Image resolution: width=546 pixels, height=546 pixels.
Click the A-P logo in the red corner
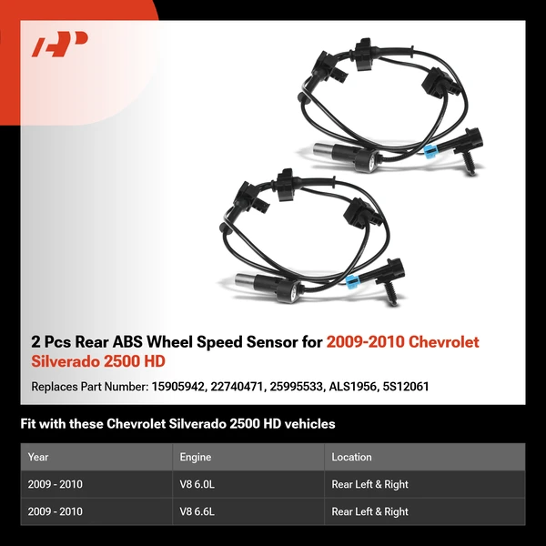point(59,45)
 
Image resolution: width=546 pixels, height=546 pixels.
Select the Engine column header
point(197,457)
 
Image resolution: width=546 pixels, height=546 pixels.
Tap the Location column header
point(352,457)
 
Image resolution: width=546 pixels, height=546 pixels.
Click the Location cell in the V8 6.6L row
point(369,511)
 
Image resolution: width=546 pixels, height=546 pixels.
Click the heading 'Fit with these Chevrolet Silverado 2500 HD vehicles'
point(178,424)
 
